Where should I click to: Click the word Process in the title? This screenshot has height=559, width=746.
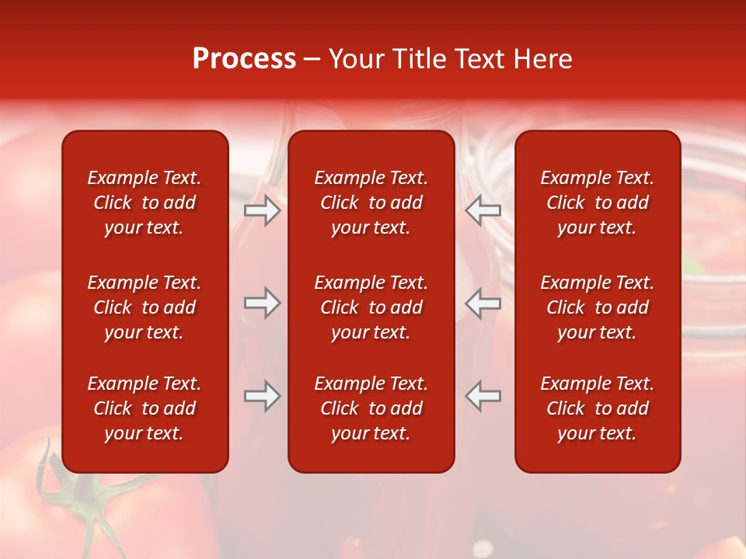click(244, 59)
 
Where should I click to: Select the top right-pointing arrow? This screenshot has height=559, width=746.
click(263, 210)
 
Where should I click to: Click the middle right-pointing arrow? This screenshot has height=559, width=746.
click(263, 303)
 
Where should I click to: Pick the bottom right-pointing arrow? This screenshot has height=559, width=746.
click(263, 395)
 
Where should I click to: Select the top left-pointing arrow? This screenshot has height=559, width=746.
click(483, 210)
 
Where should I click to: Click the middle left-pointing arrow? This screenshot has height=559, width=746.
click(483, 303)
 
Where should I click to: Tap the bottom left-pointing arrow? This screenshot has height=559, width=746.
click(483, 395)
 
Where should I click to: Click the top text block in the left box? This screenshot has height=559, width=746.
click(145, 203)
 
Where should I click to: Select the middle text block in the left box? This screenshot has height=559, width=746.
click(145, 307)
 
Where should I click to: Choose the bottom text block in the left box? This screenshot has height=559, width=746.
click(145, 408)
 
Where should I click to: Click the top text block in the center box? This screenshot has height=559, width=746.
click(371, 203)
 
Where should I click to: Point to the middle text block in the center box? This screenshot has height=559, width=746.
click(371, 307)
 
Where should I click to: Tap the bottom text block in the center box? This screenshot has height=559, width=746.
click(371, 408)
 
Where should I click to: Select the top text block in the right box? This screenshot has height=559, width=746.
click(597, 203)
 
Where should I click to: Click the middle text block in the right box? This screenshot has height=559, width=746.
click(597, 307)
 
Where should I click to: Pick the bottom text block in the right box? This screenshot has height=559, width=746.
click(597, 408)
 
